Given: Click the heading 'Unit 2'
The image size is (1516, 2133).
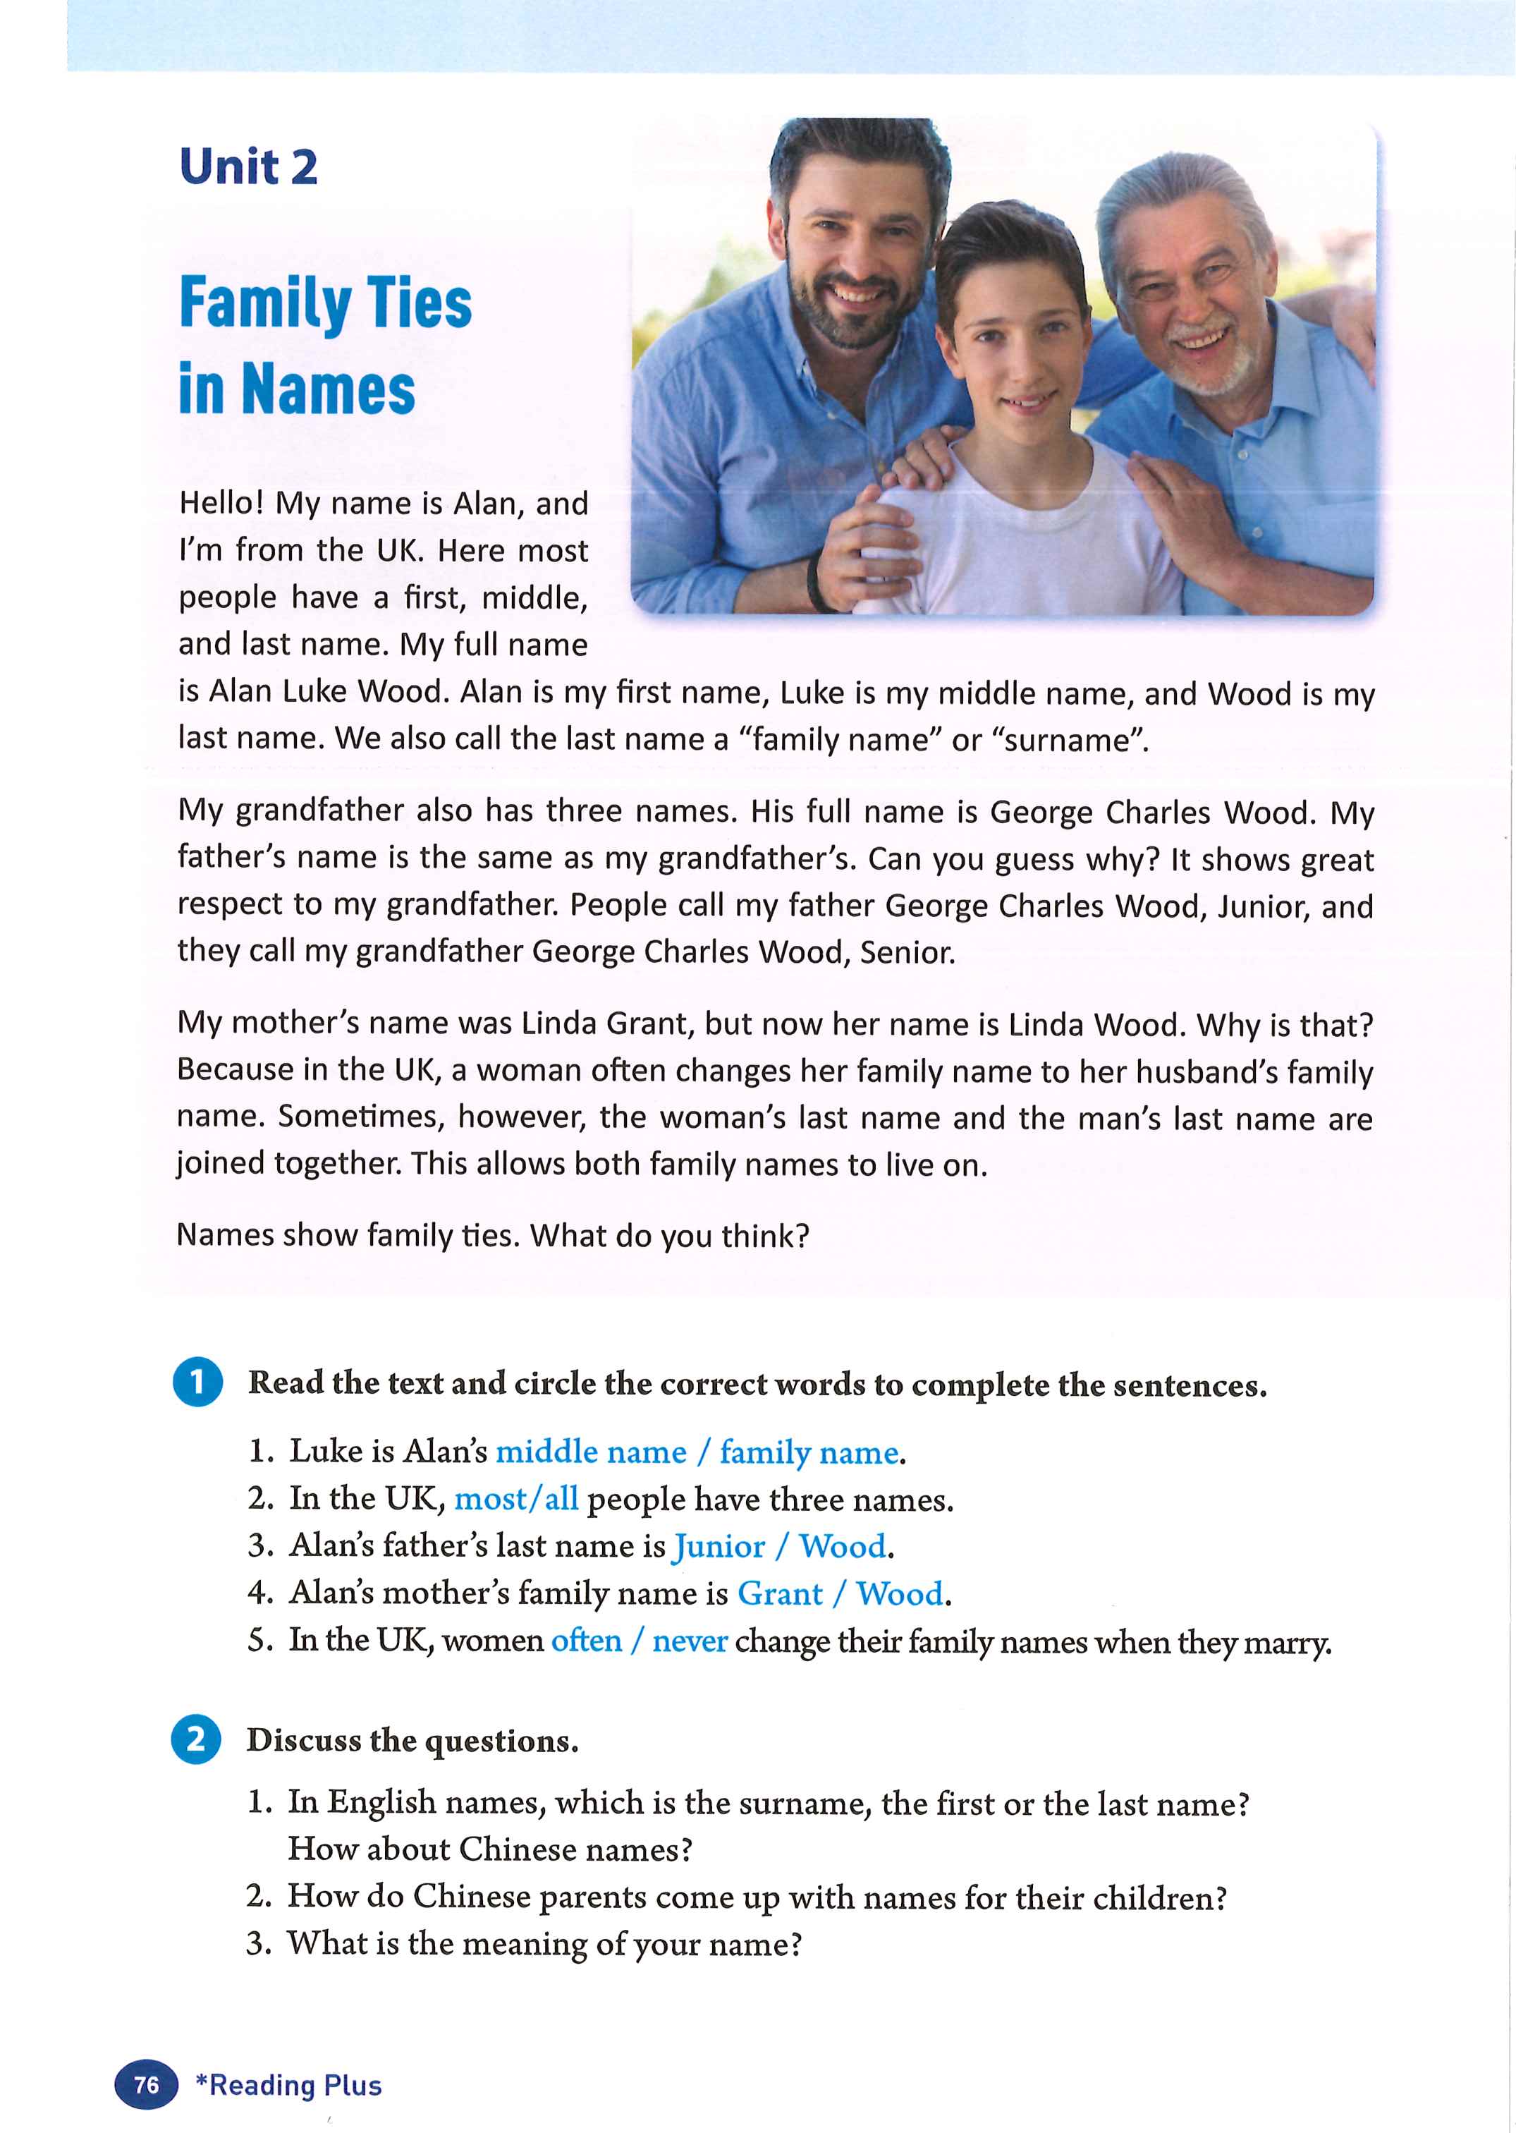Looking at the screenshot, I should (x=248, y=168).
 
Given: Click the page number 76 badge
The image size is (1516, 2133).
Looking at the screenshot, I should (x=147, y=2084).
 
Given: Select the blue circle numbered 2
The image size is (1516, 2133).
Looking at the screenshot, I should (x=197, y=1740).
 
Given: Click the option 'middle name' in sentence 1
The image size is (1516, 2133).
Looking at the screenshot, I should (x=591, y=1452).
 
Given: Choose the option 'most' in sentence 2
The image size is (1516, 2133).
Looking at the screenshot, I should (x=489, y=1500).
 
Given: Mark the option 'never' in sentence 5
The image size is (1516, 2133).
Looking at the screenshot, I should (x=690, y=1641).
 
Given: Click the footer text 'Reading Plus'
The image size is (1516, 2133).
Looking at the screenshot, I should (x=295, y=2085).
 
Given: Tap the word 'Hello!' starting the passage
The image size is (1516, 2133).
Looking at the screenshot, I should (x=221, y=504).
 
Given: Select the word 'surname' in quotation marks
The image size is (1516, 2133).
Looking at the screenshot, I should (x=1071, y=741).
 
